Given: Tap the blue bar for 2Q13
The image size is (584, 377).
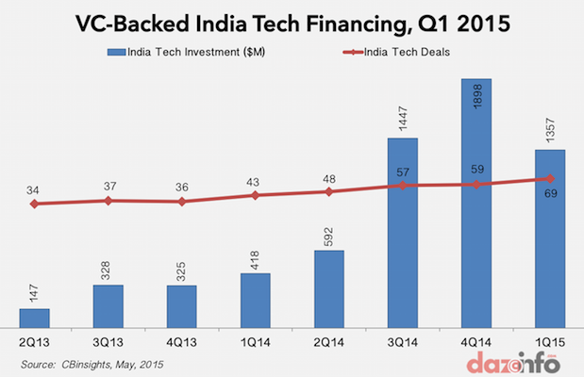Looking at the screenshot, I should (x=35, y=317).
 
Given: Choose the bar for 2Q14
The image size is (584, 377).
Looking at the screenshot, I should (x=329, y=287).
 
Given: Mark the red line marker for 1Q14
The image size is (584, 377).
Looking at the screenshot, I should (x=256, y=195).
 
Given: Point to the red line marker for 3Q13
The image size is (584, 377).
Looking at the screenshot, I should (x=108, y=200).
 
